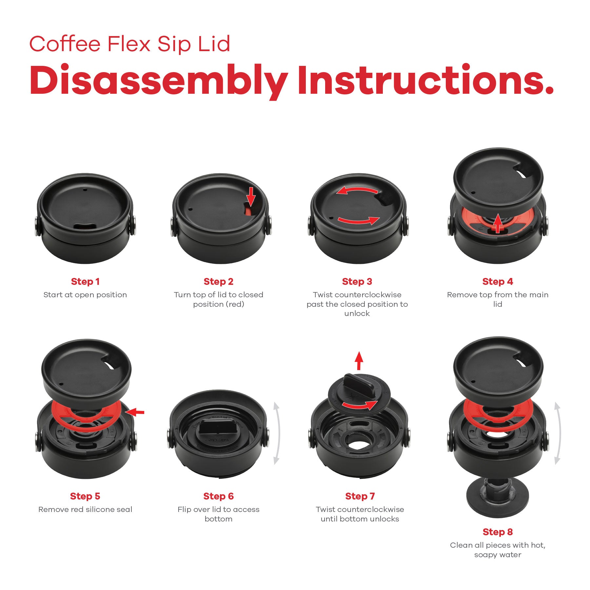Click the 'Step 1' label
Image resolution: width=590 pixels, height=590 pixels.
85,282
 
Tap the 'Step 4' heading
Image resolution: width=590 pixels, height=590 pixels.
497,282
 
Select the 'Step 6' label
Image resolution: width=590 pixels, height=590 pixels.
218,496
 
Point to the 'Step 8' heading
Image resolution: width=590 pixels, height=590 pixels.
497,532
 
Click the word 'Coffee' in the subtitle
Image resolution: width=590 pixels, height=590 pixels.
65,44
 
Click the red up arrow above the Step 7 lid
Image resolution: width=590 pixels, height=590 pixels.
359,361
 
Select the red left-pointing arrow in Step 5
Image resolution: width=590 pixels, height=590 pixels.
135,412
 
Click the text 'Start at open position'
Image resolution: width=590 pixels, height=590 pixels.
85,295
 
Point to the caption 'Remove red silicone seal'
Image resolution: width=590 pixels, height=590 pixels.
85,509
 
